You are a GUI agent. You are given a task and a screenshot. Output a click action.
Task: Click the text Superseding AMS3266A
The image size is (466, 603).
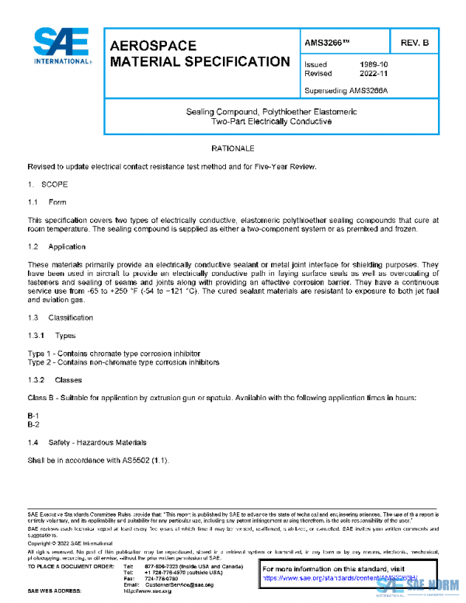click(346, 91)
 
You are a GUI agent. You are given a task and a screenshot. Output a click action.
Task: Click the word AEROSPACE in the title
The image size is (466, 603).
click(154, 45)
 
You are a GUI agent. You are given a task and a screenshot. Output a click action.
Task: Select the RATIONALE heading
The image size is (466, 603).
click(233, 148)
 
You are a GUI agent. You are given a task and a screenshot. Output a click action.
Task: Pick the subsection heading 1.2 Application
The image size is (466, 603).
click(57, 246)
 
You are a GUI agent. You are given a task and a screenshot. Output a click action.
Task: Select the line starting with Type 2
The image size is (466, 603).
click(112, 362)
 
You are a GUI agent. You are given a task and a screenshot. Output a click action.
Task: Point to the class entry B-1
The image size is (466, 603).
click(33, 417)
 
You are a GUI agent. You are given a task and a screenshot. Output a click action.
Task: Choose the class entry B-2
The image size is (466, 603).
click(33, 425)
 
